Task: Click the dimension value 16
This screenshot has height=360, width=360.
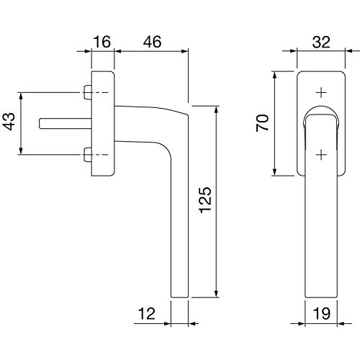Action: pyautogui.click(x=102, y=42)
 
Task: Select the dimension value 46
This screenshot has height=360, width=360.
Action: pyautogui.click(x=152, y=42)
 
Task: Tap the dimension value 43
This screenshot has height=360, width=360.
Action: pyautogui.click(x=10, y=122)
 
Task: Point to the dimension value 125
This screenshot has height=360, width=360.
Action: pyautogui.click(x=205, y=199)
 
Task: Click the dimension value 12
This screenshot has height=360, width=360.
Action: pyautogui.click(x=147, y=313)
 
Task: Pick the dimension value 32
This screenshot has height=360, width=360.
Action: pyautogui.click(x=321, y=42)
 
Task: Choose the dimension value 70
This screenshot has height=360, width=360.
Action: pyautogui.click(x=262, y=123)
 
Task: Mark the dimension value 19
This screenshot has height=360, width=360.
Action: pyautogui.click(x=322, y=313)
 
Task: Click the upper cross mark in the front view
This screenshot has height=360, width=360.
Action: pyautogui.click(x=321, y=93)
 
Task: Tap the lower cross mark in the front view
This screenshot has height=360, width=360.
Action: pyautogui.click(x=321, y=155)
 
